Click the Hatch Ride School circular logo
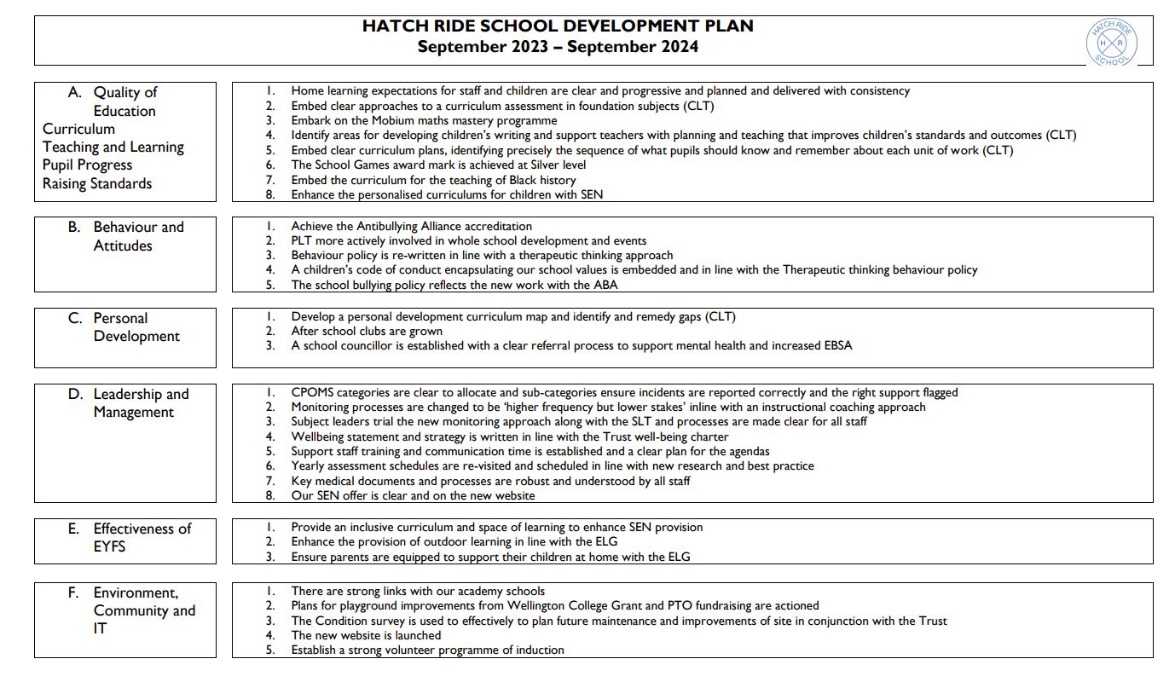point(1111,43)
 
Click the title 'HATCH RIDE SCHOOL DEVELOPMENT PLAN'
point(558,26)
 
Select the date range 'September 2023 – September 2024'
point(558,47)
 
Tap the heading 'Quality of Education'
point(124,101)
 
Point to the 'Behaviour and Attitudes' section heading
point(138,236)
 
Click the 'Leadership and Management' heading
point(140,402)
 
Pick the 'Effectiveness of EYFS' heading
point(142,537)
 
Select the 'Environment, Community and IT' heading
point(143,610)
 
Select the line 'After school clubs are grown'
point(367,331)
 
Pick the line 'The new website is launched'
point(366,635)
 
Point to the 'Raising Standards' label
point(97,183)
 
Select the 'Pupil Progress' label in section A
point(88,165)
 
